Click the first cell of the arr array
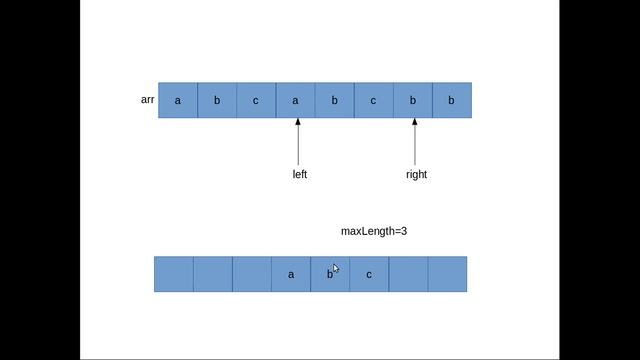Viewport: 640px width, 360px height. coord(178,100)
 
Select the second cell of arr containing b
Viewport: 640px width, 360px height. coord(217,100)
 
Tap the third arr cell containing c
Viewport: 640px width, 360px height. coord(256,100)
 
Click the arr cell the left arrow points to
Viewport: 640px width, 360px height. coord(296,100)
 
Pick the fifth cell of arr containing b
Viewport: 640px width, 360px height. coord(335,100)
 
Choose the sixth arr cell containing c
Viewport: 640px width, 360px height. coord(374,100)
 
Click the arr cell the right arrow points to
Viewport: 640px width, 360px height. coord(413,100)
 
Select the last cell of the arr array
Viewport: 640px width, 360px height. coord(452,100)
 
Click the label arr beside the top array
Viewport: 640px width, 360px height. coord(147,100)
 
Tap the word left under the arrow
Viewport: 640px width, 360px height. coord(300,174)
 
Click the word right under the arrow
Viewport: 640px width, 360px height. coord(416,175)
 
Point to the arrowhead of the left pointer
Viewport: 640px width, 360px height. coord(298,121)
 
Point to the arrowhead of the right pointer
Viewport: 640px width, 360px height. coord(415,121)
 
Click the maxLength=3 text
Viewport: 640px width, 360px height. coord(374,231)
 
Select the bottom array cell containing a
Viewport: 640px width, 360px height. coord(291,274)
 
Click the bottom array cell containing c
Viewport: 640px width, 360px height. coord(369,274)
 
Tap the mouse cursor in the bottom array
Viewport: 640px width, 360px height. coord(336,269)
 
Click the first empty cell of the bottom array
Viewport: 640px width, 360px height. coord(174,274)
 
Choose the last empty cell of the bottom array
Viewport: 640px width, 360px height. coord(447,274)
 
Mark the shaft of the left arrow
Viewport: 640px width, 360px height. coord(298,144)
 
